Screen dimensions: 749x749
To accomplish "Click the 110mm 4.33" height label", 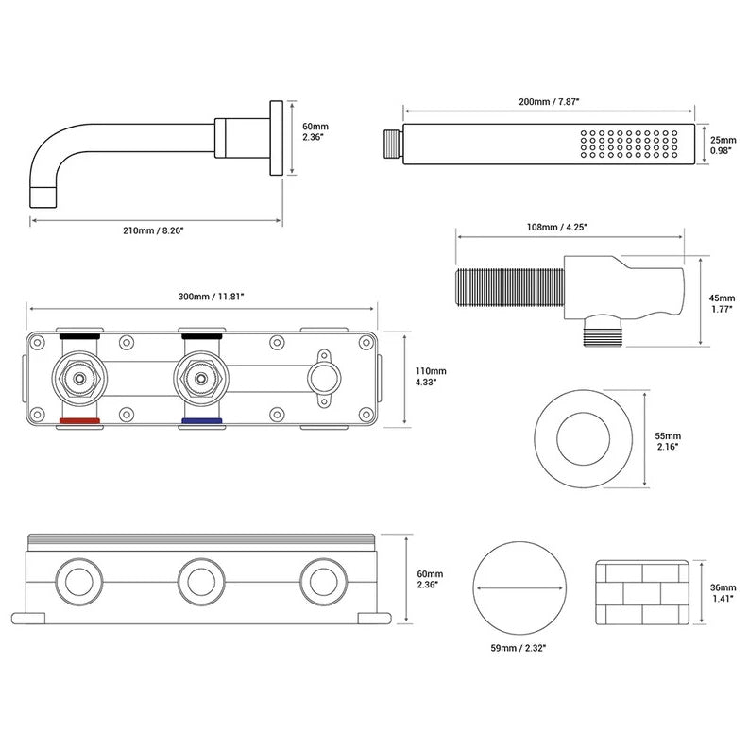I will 430,378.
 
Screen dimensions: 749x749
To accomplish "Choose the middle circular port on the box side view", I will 201,577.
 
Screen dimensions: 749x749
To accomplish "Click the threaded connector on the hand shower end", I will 391,146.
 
